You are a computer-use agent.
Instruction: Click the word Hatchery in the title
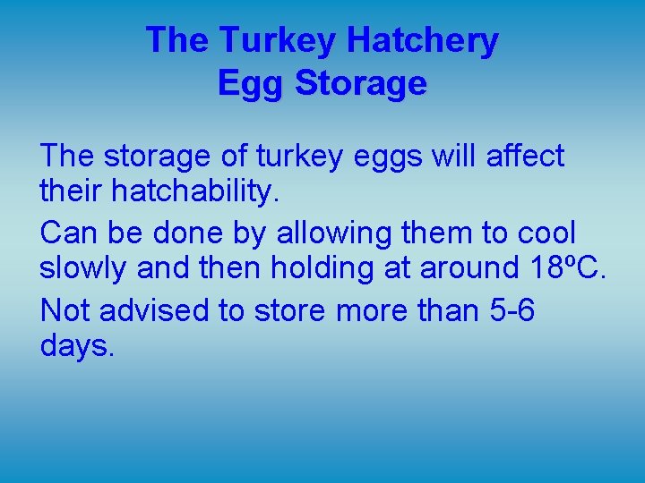pyautogui.click(x=422, y=41)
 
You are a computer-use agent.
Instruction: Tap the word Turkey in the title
pyautogui.click(x=278, y=41)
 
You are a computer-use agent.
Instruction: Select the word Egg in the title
pyautogui.click(x=251, y=83)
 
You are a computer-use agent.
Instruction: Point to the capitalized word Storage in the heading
pyautogui.click(x=360, y=83)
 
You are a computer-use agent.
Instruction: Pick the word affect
pyautogui.click(x=525, y=156)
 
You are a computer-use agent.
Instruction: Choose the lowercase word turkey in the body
pyautogui.click(x=300, y=157)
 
